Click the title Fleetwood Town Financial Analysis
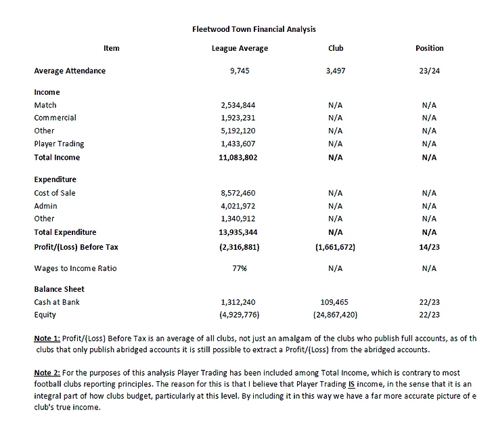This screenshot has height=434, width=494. pos(254,29)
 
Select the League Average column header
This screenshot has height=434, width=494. pos(240,48)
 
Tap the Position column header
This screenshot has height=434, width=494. pos(429,48)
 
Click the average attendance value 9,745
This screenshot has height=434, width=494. pos(240,70)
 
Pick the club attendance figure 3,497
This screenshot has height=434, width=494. pos(335,70)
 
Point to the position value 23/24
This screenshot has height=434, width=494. pos(429,70)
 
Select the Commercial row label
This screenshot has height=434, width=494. pos(55,118)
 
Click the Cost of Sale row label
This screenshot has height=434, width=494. pos(55,193)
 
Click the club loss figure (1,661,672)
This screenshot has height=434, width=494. pos(335,247)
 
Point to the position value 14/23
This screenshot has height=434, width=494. pos(429,247)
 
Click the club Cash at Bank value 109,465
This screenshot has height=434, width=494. pos(336,302)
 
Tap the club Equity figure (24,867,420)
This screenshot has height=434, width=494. pos(335,315)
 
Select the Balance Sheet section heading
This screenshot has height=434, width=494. pos(59,289)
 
